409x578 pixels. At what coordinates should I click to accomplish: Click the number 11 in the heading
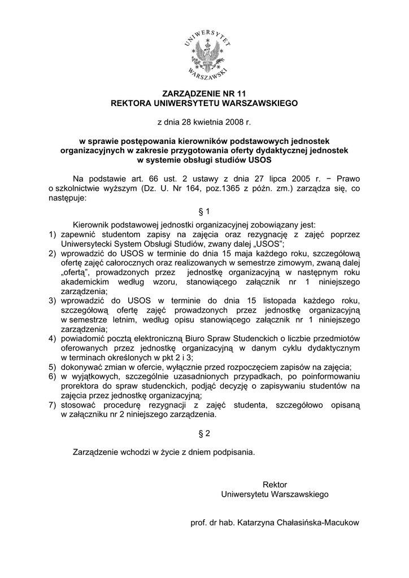click(241, 93)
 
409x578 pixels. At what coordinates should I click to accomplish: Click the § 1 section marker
click(204, 211)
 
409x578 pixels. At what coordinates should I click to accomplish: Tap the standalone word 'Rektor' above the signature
click(275, 485)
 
